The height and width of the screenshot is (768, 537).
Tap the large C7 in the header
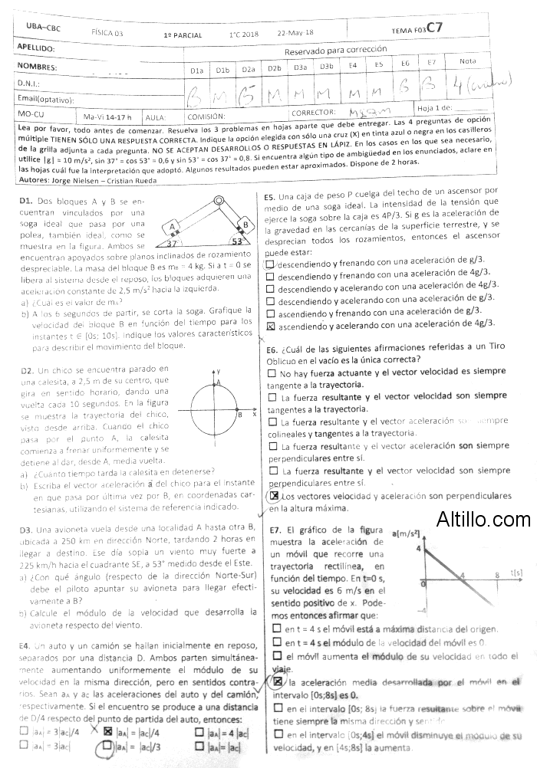coord(435,28)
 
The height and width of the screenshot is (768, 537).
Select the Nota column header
coord(467,61)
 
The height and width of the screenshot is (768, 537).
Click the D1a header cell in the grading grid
coord(197,69)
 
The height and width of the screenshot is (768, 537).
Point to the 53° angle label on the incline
coord(237,240)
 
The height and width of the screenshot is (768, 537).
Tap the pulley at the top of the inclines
coord(219,202)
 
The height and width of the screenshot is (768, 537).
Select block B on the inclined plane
coord(246,225)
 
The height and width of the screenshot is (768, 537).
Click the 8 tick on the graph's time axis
coord(496,574)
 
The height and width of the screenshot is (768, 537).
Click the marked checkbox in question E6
coord(275,496)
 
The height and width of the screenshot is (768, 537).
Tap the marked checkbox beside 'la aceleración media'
coord(277,681)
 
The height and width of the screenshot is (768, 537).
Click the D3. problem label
coord(26,530)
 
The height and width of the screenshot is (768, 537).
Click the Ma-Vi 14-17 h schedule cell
coord(108,117)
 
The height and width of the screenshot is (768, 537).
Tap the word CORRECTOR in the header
coord(315,113)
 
